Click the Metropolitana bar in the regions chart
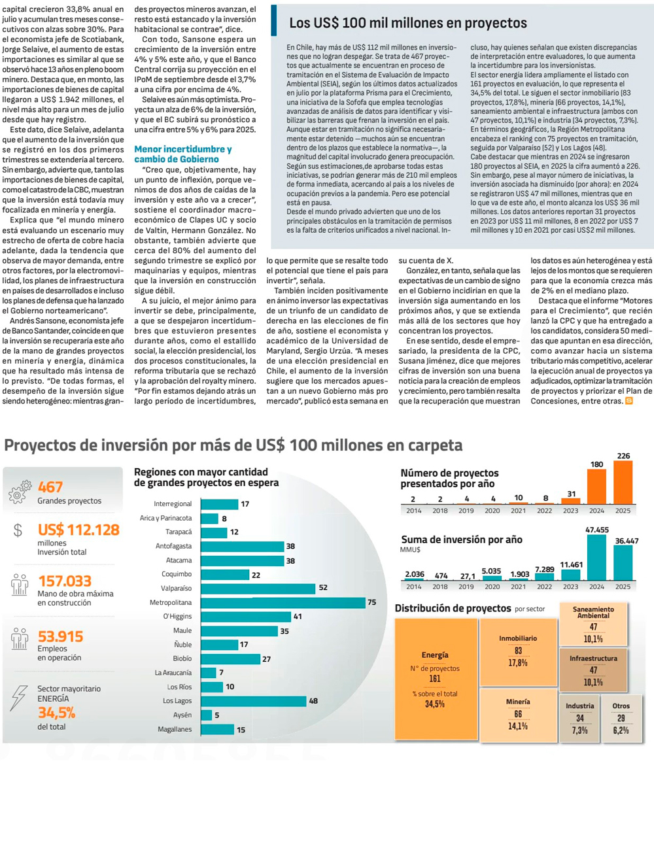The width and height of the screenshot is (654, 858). [x=283, y=602]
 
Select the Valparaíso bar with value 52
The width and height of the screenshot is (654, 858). [x=258, y=589]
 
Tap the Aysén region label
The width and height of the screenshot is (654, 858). [x=182, y=715]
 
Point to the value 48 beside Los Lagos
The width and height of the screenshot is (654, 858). [x=313, y=701]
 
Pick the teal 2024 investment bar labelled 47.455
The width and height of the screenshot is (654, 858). [x=596, y=558]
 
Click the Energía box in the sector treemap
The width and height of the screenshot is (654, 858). [x=435, y=680]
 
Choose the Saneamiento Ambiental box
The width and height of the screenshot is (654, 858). [x=593, y=625]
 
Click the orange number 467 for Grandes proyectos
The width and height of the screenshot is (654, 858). [x=50, y=487]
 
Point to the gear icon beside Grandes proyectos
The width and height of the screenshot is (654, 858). [x=20, y=492]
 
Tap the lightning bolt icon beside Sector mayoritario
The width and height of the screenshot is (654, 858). [x=19, y=698]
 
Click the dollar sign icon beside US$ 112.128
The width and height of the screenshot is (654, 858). [x=18, y=530]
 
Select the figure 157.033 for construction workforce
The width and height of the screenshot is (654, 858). [x=65, y=581]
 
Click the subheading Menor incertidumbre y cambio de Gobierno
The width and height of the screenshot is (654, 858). [x=182, y=154]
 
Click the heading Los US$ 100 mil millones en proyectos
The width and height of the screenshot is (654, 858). [x=408, y=23]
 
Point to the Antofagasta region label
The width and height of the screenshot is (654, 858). [x=173, y=546]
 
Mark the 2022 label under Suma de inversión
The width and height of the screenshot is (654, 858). [x=544, y=587]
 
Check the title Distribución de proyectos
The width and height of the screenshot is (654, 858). [x=453, y=608]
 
